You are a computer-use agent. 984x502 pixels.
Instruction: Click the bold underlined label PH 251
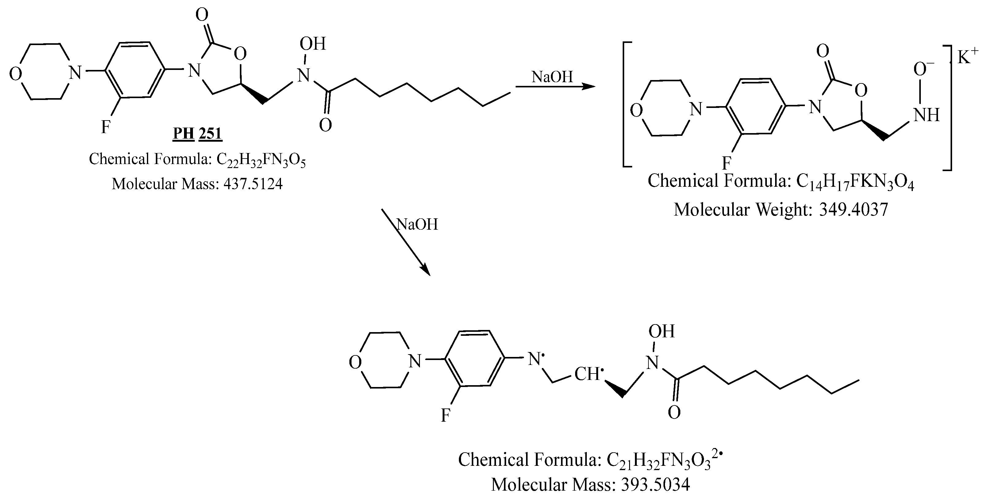[197, 134]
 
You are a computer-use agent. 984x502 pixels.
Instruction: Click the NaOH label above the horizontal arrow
[552, 77]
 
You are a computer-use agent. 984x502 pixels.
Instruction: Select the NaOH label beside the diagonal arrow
[417, 224]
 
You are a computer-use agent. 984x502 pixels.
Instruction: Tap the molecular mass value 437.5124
[253, 184]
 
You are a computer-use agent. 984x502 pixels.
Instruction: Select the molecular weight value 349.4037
[853, 210]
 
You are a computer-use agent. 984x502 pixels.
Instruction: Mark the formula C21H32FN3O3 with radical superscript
[665, 460]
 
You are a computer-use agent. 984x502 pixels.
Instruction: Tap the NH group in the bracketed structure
[926, 115]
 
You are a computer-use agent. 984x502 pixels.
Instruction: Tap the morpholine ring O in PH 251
[15, 74]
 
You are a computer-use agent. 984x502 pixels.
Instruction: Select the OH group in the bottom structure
[662, 331]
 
